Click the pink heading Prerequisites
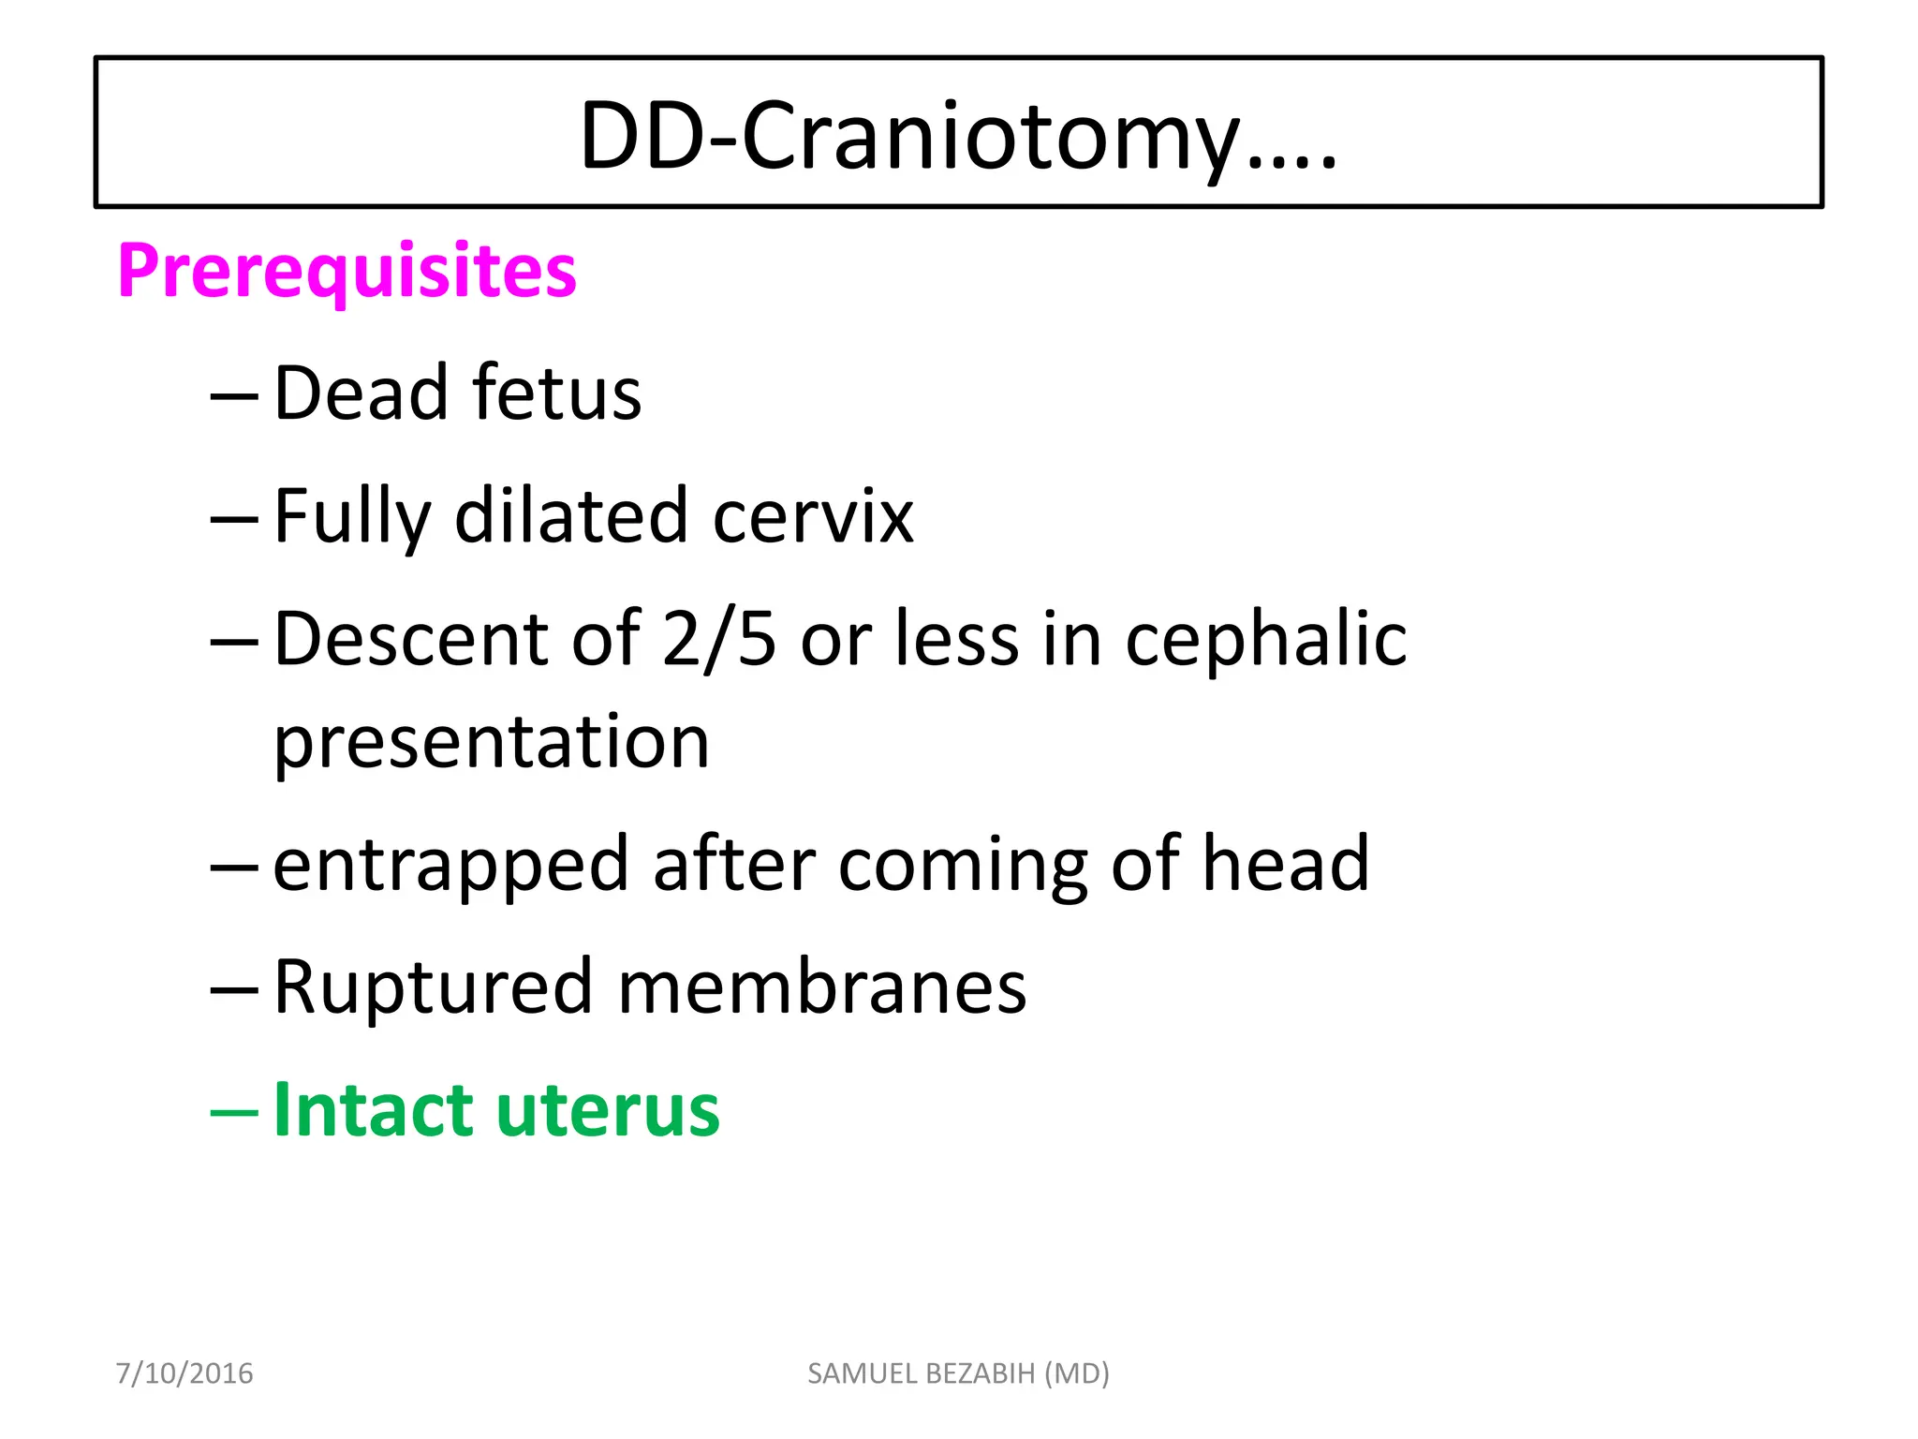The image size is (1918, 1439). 347,271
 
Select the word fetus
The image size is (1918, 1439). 557,393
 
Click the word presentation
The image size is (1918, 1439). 492,742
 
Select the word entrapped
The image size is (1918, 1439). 450,865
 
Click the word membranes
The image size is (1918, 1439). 821,987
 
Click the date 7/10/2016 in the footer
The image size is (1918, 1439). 184,1373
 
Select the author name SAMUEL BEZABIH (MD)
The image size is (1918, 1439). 958,1373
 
